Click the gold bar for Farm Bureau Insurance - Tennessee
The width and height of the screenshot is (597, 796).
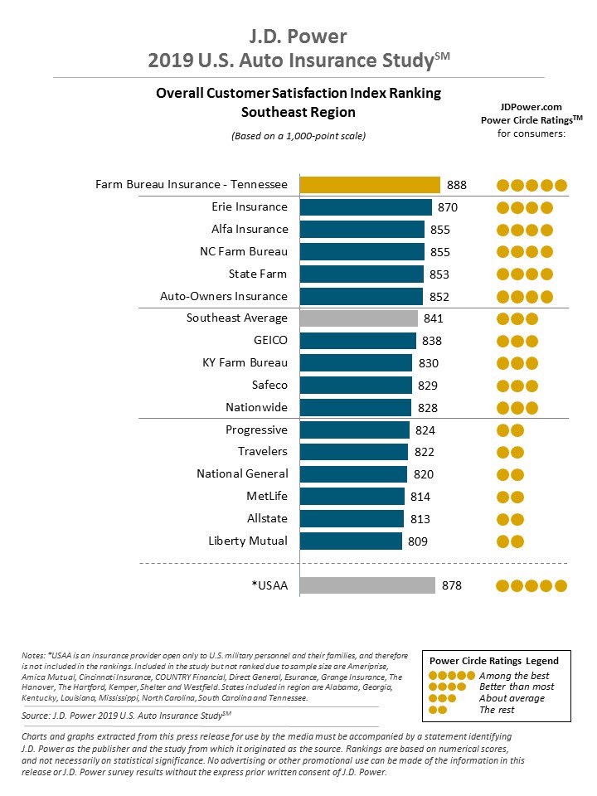coord(369,185)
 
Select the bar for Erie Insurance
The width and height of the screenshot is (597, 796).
coord(365,207)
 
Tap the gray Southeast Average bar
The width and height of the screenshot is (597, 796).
coord(358,318)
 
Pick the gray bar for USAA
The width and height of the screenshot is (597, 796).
coord(366,585)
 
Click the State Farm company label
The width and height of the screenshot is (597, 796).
coord(258,274)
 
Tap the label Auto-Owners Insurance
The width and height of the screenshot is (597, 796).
coord(224,296)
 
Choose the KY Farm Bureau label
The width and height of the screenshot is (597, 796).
coord(245,362)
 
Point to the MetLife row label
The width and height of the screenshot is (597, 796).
coord(267,496)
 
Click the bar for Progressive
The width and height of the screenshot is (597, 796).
coord(354,430)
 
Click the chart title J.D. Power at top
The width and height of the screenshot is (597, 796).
coord(298,36)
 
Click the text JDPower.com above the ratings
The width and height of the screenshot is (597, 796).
coord(531,107)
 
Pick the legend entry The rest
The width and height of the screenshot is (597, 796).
coord(497,710)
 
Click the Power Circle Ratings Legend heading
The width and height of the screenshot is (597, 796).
coord(493,661)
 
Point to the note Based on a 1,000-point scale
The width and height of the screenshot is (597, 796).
coord(298,135)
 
